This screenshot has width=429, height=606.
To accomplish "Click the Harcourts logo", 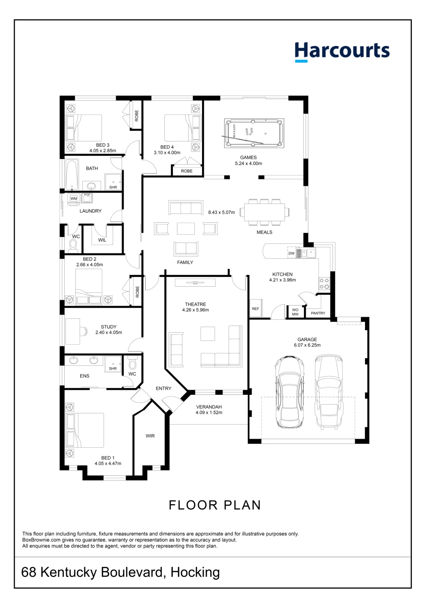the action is (x=342, y=52).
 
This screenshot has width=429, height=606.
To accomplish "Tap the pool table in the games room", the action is (x=254, y=133).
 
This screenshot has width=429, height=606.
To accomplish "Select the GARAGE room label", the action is (x=307, y=339).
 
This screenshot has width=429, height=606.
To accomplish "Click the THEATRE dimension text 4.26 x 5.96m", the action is (x=195, y=310).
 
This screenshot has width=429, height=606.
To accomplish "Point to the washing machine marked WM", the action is (x=74, y=198).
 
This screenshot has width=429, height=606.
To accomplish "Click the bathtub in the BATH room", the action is (x=72, y=175).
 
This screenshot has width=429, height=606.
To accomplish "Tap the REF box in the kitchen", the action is (x=255, y=308).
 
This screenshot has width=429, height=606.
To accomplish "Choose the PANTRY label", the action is (x=318, y=313).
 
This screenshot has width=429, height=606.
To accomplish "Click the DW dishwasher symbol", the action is (x=292, y=253).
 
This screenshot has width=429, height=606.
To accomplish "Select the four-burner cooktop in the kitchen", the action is (x=324, y=284).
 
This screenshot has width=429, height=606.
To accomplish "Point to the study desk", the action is (x=73, y=331).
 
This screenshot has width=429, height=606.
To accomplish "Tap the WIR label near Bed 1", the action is (x=150, y=436).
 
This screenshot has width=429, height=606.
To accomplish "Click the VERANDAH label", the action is (x=209, y=407).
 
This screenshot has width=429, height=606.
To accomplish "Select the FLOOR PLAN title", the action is (x=215, y=505).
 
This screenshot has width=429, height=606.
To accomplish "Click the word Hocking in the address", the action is (x=195, y=572).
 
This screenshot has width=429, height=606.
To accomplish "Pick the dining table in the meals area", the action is (x=265, y=212).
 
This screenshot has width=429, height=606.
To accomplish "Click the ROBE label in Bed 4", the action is (x=187, y=171).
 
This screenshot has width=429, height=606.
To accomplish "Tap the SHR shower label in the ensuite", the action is (x=113, y=368).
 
